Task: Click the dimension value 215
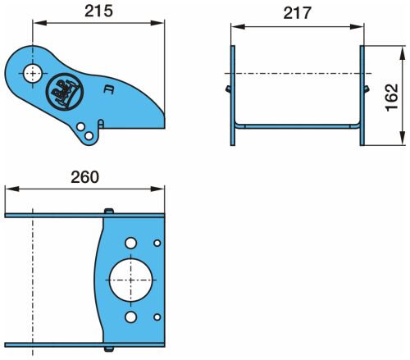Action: click(x=98, y=11)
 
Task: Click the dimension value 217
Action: click(x=297, y=13)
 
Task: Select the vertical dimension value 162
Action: click(x=392, y=98)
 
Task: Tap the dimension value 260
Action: click(x=85, y=177)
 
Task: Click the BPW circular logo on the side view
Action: click(x=64, y=92)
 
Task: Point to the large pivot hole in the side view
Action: click(x=33, y=73)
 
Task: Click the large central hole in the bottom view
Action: click(x=130, y=280)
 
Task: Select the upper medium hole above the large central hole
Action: click(x=130, y=243)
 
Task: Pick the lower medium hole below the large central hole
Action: click(x=130, y=317)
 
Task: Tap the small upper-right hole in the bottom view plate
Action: click(x=157, y=243)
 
